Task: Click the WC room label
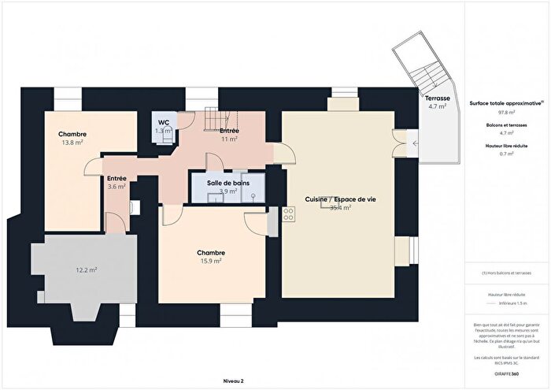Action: click(x=163, y=122)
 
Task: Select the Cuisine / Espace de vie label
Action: click(x=340, y=200)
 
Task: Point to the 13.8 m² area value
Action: click(x=72, y=143)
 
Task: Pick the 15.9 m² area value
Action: click(x=210, y=260)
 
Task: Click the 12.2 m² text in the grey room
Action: click(x=86, y=270)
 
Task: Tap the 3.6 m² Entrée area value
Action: click(x=116, y=187)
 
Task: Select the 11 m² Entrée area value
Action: click(x=229, y=139)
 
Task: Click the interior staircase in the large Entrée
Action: click(x=213, y=119)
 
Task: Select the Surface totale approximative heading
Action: click(x=505, y=103)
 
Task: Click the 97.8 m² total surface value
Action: click(x=505, y=113)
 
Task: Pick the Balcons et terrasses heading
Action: click(x=505, y=125)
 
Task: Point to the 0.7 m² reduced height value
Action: click(x=505, y=154)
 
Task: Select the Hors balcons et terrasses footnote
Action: click(x=505, y=273)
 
